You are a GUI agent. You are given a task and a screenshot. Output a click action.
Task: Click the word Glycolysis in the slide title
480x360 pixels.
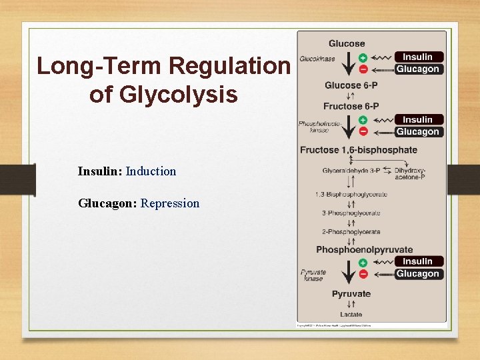163,94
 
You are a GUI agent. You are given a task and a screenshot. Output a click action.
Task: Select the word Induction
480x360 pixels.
151,171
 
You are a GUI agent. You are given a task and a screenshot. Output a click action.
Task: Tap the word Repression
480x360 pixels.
170,203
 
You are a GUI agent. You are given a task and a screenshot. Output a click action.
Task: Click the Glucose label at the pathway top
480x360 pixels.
347,44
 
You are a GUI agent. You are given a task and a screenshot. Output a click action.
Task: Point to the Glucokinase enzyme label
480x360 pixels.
317,59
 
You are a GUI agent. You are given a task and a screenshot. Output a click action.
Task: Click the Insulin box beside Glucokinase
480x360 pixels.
418,57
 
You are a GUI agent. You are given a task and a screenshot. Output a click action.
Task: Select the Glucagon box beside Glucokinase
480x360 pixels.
418,69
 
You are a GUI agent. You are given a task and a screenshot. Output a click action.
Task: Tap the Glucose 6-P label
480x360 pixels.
351,85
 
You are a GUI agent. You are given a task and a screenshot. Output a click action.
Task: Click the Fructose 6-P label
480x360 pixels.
351,106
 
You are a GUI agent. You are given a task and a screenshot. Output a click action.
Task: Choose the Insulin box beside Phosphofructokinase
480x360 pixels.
418,119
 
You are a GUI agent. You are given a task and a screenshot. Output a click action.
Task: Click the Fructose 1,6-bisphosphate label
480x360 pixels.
359,150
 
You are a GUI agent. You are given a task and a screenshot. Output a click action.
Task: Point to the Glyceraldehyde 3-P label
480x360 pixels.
351,171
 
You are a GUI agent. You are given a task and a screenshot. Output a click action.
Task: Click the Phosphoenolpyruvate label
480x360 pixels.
365,250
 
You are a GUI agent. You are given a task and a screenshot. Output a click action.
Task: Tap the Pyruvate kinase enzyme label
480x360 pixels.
313,275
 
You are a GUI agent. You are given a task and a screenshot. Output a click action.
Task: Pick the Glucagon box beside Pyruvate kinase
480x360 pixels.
418,274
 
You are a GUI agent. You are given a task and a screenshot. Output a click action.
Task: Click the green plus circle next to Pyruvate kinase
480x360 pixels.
363,263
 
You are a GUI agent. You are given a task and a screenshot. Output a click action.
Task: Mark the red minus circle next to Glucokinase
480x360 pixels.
363,69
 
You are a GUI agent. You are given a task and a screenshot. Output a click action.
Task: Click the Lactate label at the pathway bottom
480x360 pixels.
351,315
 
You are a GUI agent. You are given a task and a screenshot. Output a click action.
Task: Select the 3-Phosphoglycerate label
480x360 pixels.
351,213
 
